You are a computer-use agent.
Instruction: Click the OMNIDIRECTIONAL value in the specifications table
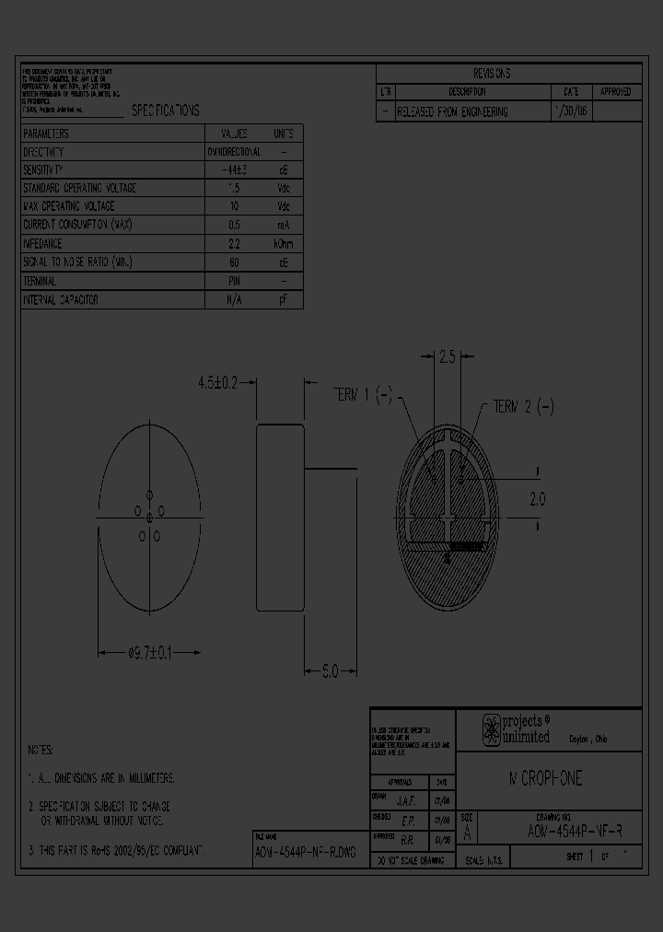(234, 151)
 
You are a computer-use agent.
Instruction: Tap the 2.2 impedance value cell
(234, 244)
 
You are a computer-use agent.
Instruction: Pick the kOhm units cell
(284, 244)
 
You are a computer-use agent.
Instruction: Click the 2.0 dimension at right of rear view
(537, 498)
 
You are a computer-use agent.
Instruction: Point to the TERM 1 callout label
(362, 395)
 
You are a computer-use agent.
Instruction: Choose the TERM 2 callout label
(523, 406)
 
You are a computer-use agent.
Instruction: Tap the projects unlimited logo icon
(492, 728)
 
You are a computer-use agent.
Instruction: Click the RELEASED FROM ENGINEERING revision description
(452, 111)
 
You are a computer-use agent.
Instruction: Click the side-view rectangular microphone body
(280, 519)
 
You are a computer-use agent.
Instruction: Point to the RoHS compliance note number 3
(117, 850)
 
